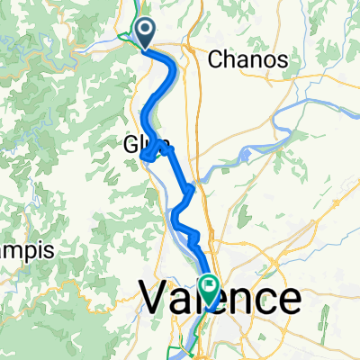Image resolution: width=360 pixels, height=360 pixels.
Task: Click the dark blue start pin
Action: coord(144,34)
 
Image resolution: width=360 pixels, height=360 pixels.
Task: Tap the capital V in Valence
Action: coord(154,299)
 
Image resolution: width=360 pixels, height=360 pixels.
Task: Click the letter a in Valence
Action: coord(180,301)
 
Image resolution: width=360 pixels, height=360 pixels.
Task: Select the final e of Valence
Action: coord(290,301)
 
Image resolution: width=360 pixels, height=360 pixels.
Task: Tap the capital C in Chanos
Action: coord(215,60)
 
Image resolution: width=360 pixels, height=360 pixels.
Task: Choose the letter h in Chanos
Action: coord(229,60)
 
